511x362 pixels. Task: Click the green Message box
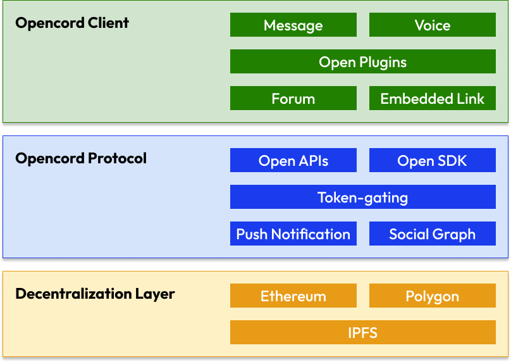293,25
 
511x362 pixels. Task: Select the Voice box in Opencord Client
433,25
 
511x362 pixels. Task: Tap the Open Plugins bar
363,61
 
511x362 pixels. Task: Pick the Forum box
293,98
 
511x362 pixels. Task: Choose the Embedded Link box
433,98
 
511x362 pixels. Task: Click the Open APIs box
293,160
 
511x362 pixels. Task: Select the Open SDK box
433,160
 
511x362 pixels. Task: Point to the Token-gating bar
363,197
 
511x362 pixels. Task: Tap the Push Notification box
293,234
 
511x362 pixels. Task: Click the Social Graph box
433,234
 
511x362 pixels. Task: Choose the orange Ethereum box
293,296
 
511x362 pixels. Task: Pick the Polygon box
433,296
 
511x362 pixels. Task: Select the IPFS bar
363,332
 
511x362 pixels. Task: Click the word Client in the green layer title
108,23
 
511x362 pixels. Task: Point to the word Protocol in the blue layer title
118,158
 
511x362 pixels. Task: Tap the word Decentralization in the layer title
73,294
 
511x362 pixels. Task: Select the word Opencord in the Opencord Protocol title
50,159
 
